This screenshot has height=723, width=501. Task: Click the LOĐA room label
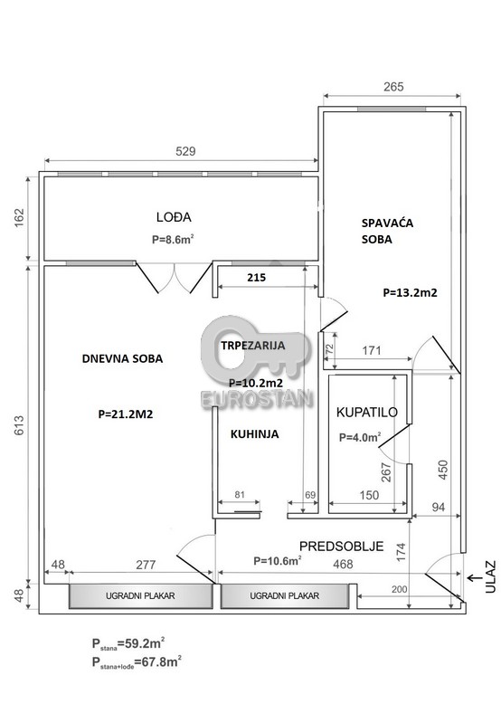pyautogui.click(x=174, y=217)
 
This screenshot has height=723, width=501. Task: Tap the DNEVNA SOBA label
pyautogui.click(x=122, y=358)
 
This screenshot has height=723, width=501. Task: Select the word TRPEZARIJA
pyautogui.click(x=252, y=346)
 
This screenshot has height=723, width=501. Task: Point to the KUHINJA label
pyautogui.click(x=254, y=434)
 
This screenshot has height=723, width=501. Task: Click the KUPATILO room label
pyautogui.click(x=366, y=413)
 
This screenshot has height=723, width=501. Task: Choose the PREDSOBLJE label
pyautogui.click(x=342, y=547)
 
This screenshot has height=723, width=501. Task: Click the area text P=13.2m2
pyautogui.click(x=410, y=292)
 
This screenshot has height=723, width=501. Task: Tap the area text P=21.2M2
pyautogui.click(x=126, y=414)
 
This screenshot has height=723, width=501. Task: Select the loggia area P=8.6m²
pyautogui.click(x=173, y=239)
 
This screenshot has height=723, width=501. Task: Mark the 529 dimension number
pyautogui.click(x=185, y=151)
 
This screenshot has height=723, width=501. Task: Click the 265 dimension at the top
pyautogui.click(x=393, y=87)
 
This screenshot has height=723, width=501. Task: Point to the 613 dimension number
pyautogui.click(x=19, y=425)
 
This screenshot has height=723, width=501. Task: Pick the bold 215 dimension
pyautogui.click(x=256, y=278)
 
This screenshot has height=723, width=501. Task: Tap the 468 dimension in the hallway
pyautogui.click(x=343, y=564)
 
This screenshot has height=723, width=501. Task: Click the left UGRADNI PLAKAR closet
pyautogui.click(x=140, y=595)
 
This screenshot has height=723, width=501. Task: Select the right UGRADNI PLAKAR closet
pyautogui.click(x=284, y=595)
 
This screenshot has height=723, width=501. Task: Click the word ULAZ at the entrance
pyautogui.click(x=490, y=576)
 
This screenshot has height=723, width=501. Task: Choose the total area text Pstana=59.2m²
pyautogui.click(x=128, y=642)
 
